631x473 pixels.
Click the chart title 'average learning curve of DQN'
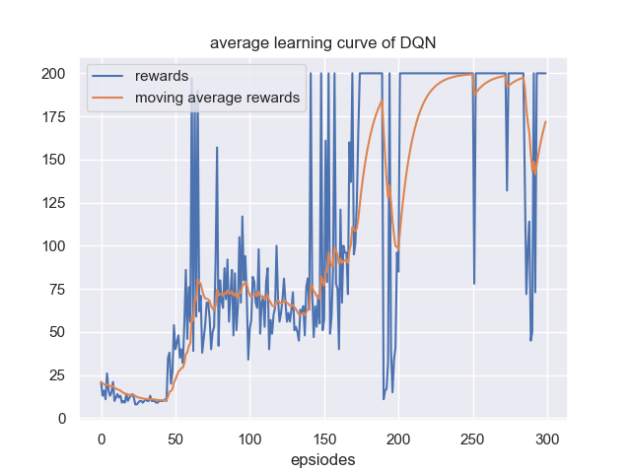click(x=322, y=43)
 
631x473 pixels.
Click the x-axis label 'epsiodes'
click(x=322, y=459)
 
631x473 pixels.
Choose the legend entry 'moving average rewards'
click(x=217, y=98)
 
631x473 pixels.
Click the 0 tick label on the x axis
click(x=102, y=438)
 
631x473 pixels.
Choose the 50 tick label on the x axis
click(x=175, y=438)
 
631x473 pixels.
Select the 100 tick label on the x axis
click(x=249, y=438)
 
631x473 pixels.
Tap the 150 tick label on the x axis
click(x=324, y=438)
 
